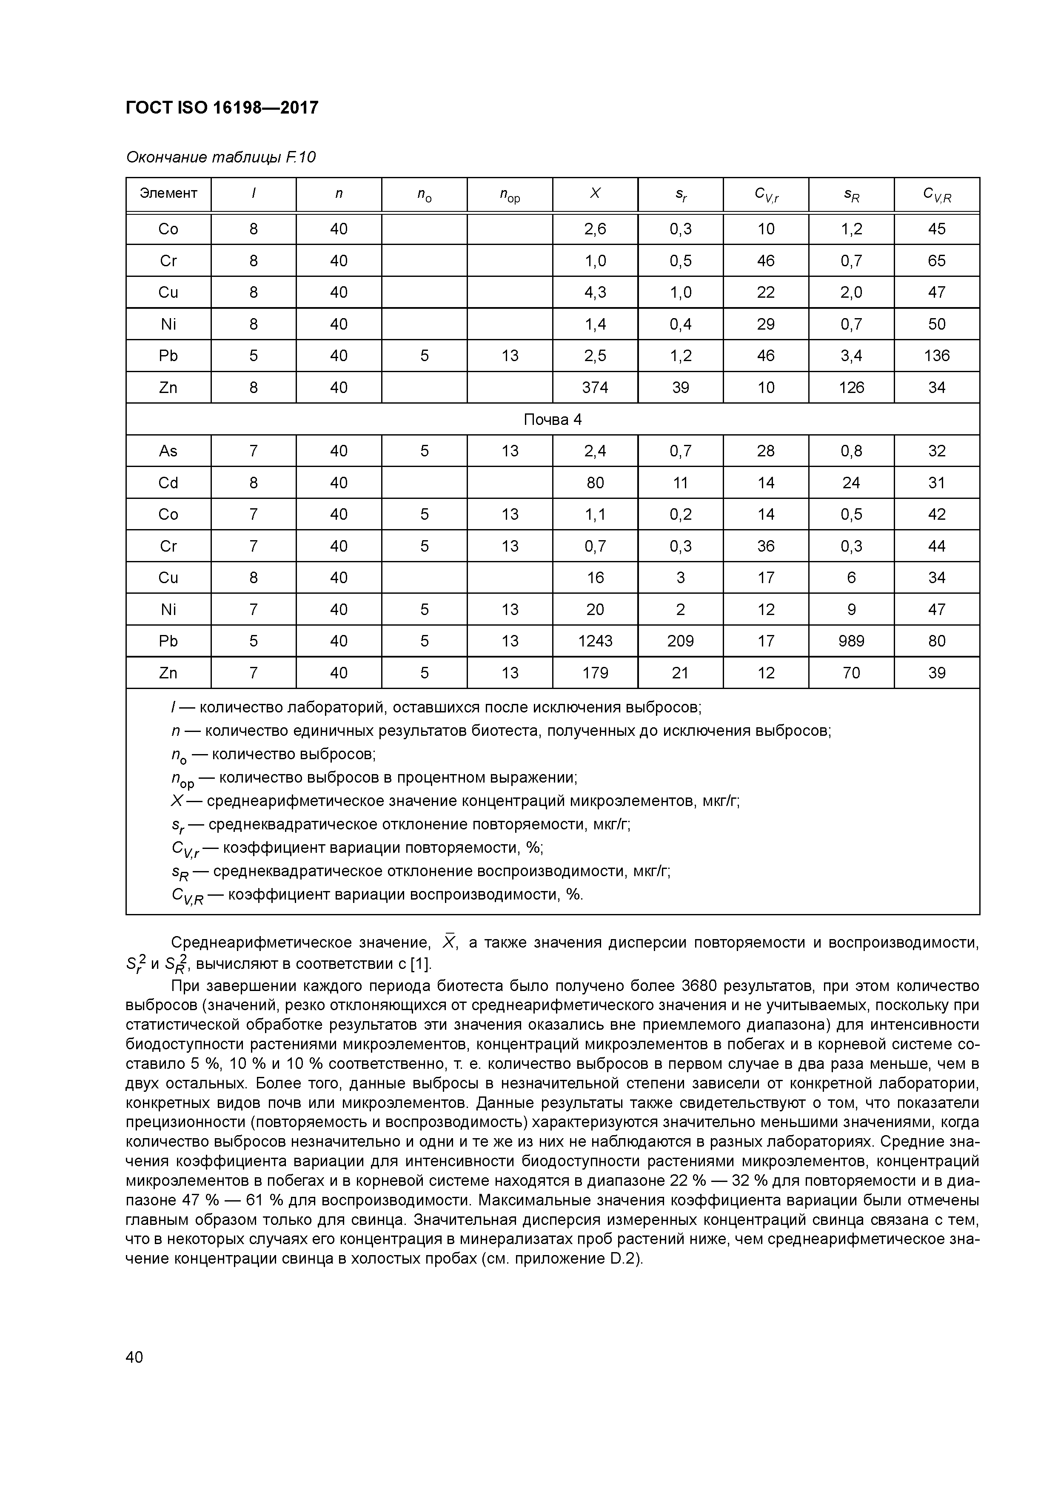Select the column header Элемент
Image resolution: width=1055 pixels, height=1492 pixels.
point(168,193)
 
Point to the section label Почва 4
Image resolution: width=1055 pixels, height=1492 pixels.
point(553,420)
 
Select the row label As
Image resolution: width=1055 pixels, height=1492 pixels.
point(168,451)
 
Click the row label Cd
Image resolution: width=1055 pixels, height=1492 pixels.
point(168,483)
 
